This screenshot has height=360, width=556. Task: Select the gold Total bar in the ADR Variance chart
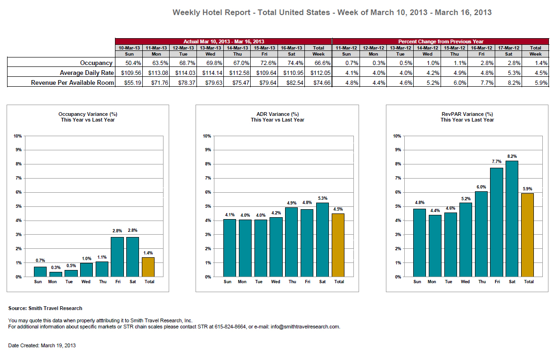(x=338, y=245)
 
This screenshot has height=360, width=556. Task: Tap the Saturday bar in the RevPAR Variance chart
(x=511, y=219)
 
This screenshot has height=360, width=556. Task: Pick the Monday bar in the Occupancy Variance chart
(x=55, y=274)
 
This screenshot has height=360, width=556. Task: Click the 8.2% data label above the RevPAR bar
(x=512, y=156)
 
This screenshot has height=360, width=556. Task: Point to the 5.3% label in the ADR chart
(x=322, y=198)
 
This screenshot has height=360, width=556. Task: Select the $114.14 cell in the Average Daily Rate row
(x=210, y=73)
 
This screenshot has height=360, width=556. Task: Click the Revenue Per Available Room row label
(x=73, y=82)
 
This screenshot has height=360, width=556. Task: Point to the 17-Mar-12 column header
(x=509, y=48)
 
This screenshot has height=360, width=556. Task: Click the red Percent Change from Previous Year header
(x=441, y=41)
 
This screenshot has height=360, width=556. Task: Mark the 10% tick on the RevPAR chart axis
(x=396, y=136)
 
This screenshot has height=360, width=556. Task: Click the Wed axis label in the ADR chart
(x=276, y=282)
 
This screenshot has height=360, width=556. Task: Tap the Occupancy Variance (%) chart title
(x=88, y=114)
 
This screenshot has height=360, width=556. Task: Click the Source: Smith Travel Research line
(x=45, y=308)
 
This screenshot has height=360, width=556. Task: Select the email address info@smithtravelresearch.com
(x=305, y=327)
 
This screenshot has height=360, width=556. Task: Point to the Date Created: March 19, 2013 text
(x=42, y=345)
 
